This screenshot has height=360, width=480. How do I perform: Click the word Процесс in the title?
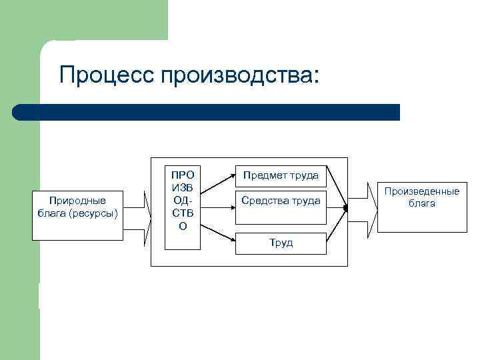point(105,75)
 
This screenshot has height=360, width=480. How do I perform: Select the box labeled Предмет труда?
point(281,176)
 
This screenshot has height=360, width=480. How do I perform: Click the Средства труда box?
point(281,201)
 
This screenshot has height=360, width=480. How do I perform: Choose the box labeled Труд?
point(281,243)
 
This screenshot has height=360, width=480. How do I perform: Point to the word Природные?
point(77,201)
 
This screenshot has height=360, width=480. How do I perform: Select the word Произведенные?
point(421,191)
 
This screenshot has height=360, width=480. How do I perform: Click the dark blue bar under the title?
point(207,112)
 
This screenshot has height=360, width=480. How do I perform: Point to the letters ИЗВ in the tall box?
point(183,187)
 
